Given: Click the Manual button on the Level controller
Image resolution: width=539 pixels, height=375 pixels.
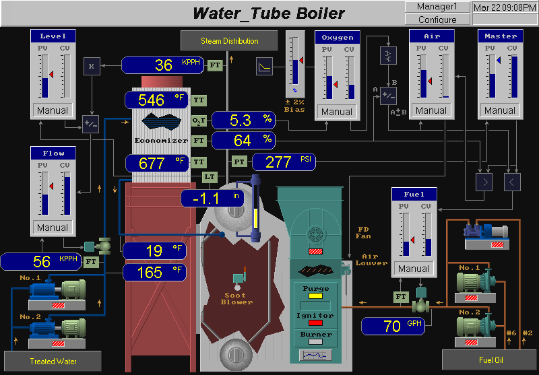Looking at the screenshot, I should coord(53,110).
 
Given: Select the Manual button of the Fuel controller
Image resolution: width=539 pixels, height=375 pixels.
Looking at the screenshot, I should coord(414,269).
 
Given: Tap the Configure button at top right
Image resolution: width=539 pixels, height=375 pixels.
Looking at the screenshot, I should coord(437,20).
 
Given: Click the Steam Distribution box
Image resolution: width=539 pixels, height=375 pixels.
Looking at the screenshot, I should coord(229,41).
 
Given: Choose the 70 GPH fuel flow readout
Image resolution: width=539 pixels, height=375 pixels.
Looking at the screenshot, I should coord(392,327).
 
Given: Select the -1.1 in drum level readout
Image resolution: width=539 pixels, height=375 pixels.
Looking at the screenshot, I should coord(212,199).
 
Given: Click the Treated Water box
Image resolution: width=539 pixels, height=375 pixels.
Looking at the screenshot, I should coord(53,362).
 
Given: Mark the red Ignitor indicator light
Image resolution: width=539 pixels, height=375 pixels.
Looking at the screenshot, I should coord(315,323).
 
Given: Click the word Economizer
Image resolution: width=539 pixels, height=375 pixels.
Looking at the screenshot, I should coord(160,140).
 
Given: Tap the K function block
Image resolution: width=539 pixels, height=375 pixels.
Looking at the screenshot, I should coord(92,65).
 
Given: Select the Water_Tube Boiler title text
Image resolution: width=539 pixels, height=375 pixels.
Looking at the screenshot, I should coord(269,13).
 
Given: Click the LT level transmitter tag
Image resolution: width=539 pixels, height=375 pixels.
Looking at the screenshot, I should coord(211,176).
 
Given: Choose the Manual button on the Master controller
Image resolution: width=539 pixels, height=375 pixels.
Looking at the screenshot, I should coord(500,110).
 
